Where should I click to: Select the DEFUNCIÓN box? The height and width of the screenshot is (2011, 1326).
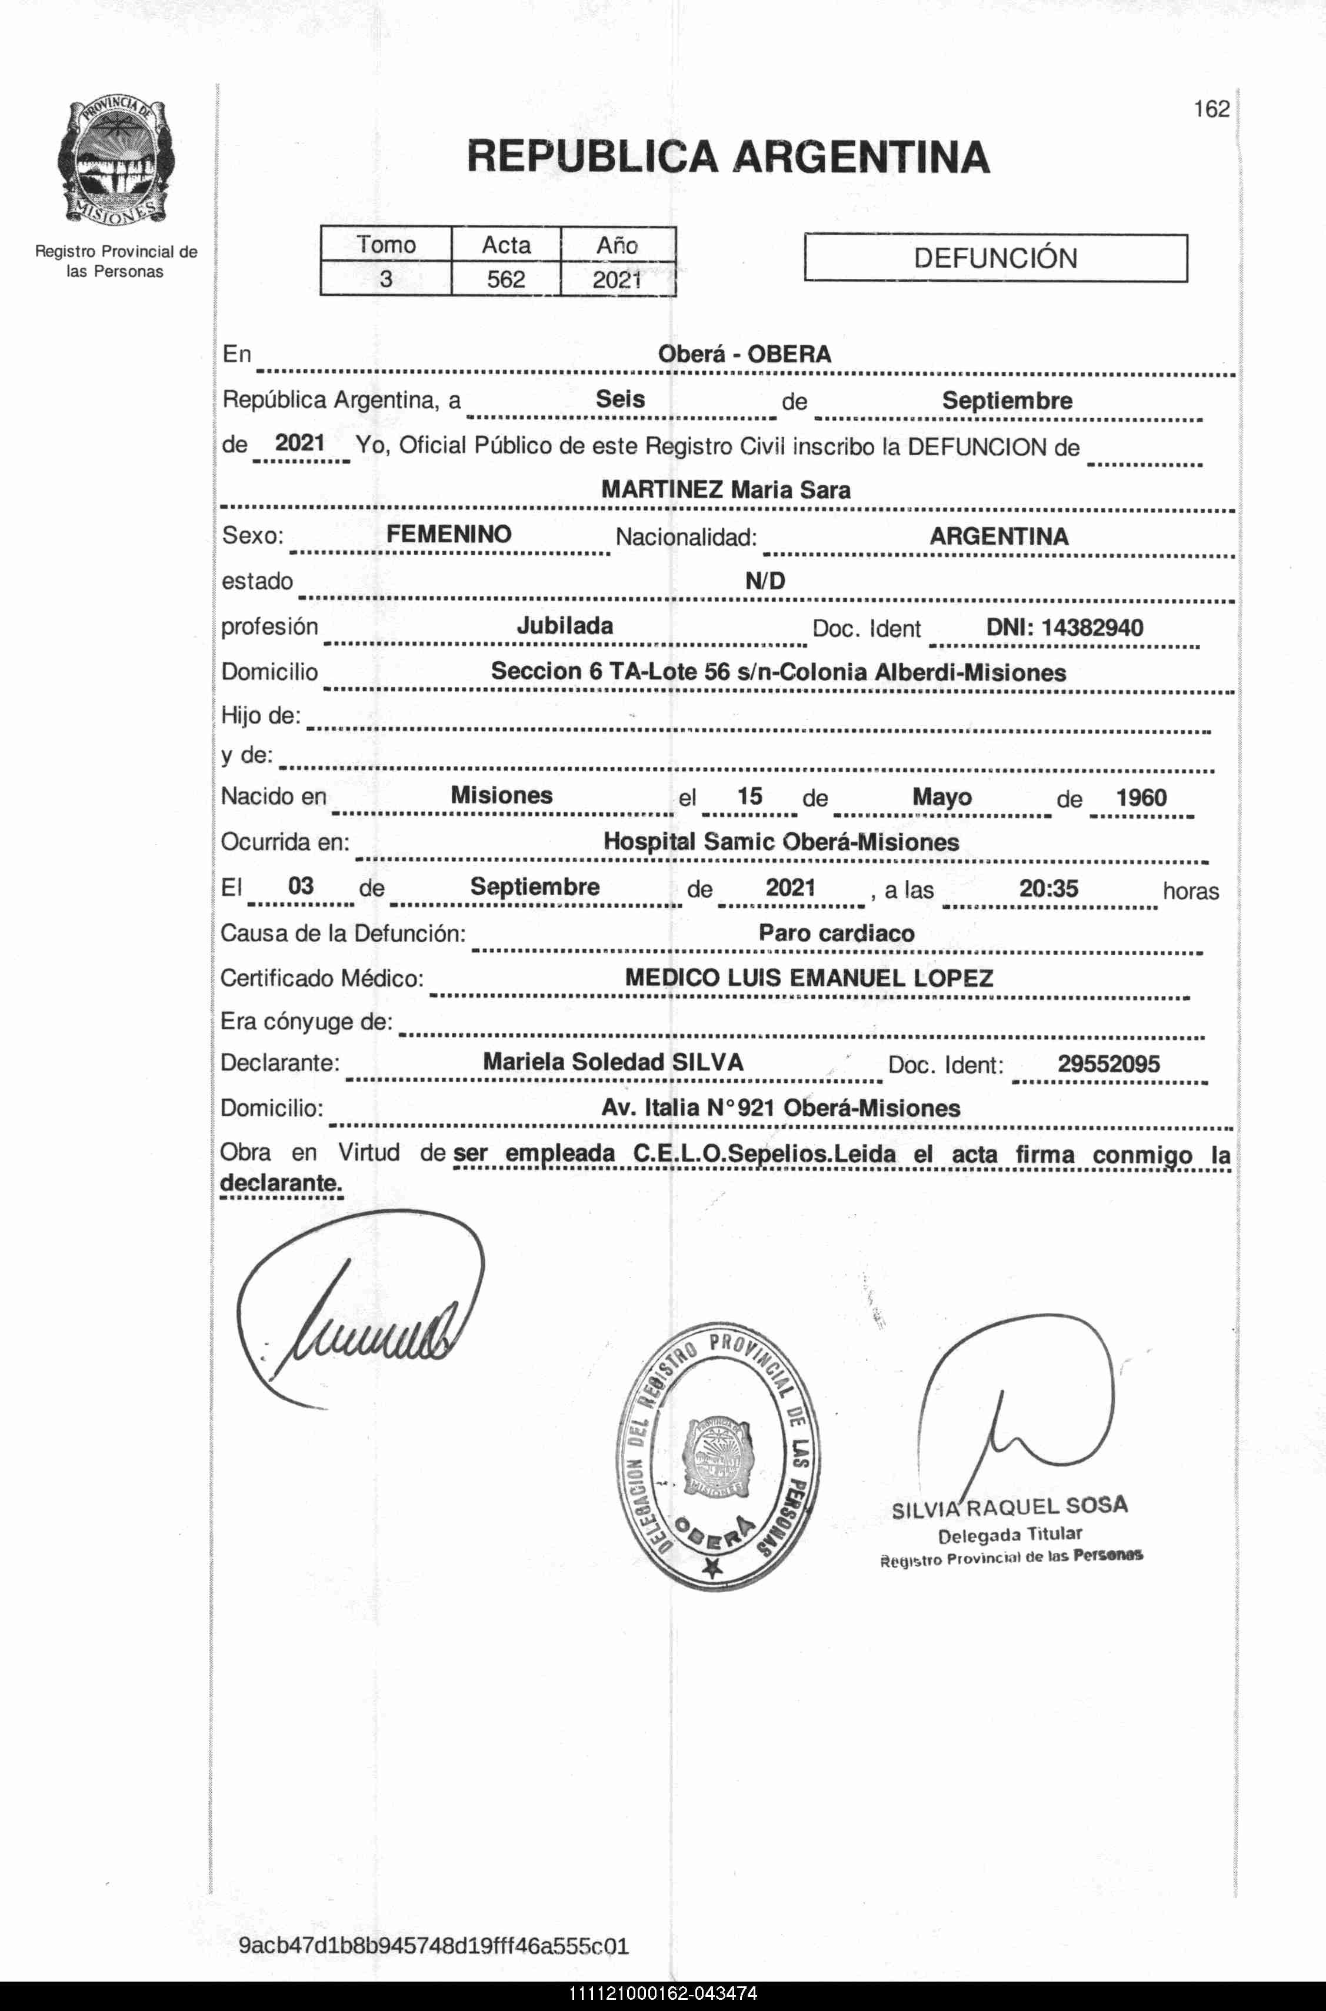coord(995,258)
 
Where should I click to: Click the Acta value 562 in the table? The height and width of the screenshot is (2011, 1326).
coord(506,279)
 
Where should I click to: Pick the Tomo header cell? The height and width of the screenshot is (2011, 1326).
coord(386,245)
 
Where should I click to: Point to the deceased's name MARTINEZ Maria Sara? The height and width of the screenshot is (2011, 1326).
coord(725,489)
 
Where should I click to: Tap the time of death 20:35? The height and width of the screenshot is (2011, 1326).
coord(1048,888)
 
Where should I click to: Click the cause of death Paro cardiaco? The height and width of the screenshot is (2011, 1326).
coord(837,933)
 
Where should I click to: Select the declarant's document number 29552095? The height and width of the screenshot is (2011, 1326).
coord(1109,1063)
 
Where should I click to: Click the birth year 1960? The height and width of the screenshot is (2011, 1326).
coord(1141,797)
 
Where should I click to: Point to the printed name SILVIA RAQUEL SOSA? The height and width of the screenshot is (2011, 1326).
coord(1010,1507)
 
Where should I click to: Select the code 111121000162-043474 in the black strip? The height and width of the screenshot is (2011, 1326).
coord(662,1994)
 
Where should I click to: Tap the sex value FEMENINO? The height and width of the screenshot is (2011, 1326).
coord(449,534)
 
